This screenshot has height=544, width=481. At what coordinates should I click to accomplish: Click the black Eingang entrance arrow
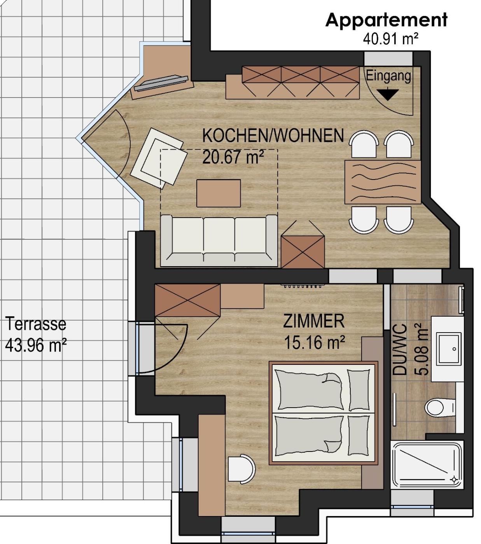[x=387, y=94]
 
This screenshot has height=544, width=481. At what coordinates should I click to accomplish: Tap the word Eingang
[x=388, y=76]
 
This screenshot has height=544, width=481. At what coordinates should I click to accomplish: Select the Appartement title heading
[x=386, y=20]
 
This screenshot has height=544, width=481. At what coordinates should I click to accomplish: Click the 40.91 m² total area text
[x=390, y=39]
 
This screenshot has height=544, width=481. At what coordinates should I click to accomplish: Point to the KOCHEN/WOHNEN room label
[x=273, y=135]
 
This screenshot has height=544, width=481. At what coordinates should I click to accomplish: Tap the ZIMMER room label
[x=314, y=321]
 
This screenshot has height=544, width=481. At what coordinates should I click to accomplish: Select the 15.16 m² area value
[x=315, y=342]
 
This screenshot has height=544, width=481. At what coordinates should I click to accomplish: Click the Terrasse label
[x=36, y=324]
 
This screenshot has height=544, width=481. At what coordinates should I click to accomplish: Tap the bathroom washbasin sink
[x=448, y=349]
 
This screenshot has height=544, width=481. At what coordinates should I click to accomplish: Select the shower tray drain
[x=454, y=479]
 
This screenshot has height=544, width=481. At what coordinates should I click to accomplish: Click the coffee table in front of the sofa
[x=219, y=194]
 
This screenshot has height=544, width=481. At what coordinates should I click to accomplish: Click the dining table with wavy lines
[x=383, y=182]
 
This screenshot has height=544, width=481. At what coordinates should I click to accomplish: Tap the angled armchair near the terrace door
[x=159, y=159]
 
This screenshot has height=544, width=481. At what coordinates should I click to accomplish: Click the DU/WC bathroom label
[x=400, y=349]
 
